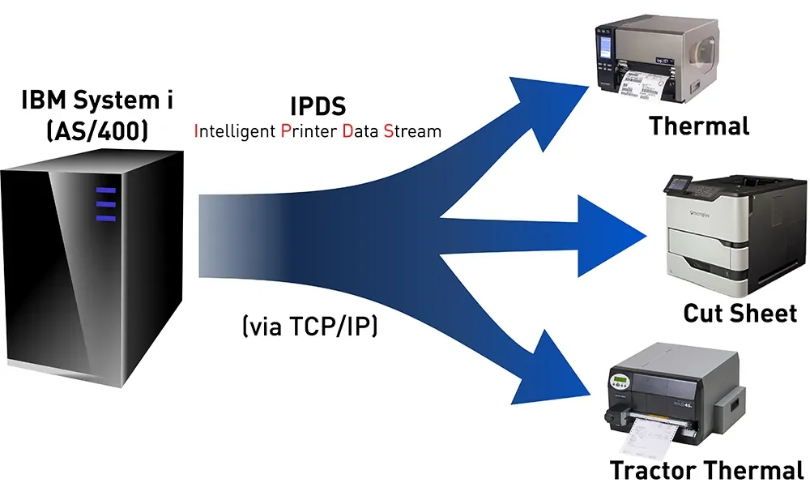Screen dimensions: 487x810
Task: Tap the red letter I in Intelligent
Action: [196, 130]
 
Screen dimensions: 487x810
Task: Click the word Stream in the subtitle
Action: [412, 130]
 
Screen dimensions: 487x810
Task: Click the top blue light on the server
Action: [106, 191]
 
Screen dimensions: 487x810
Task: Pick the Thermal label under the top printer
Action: [699, 126]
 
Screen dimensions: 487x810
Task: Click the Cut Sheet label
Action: [740, 313]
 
